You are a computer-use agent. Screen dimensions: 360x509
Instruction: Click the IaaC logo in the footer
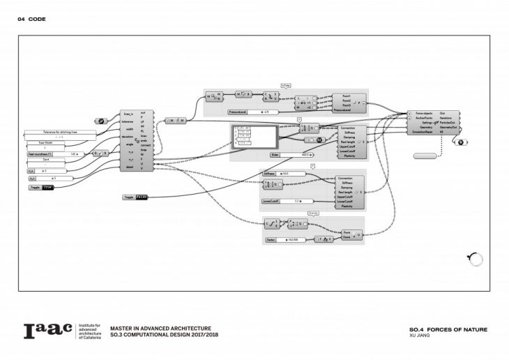[x=47, y=331]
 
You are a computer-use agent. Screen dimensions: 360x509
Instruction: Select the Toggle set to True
[x=41, y=188]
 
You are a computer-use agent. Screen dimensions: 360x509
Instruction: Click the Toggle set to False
[x=135, y=197]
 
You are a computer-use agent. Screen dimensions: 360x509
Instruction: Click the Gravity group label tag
[x=313, y=214]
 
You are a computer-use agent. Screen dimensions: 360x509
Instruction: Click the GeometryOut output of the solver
[x=449, y=128]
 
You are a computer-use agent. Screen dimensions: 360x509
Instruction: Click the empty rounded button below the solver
[x=425, y=156]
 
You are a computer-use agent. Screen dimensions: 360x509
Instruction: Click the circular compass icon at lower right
[x=474, y=260]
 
